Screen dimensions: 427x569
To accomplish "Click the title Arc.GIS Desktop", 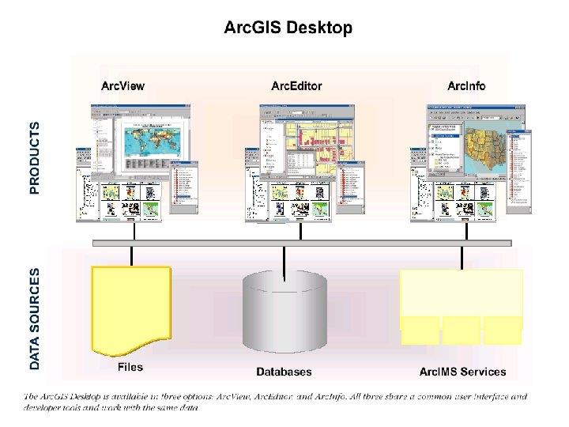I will (x=288, y=28).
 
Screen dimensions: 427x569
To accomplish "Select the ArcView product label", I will (x=122, y=85).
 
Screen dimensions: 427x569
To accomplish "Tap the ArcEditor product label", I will (x=296, y=85).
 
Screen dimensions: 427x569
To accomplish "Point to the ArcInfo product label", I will (x=466, y=85).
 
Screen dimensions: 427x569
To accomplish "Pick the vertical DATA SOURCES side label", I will (x=34, y=319).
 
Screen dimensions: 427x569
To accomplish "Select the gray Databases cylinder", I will (x=284, y=312).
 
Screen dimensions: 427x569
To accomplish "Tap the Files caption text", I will (x=130, y=368).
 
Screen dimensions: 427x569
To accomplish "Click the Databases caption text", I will (x=284, y=372).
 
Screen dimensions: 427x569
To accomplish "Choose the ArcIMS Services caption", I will (x=462, y=372).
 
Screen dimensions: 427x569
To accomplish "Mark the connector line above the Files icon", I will (x=131, y=256).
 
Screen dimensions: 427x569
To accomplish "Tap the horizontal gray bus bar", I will (x=300, y=243).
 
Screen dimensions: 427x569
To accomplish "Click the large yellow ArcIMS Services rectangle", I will (x=462, y=293).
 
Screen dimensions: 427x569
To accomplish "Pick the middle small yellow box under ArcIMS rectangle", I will (x=462, y=332).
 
